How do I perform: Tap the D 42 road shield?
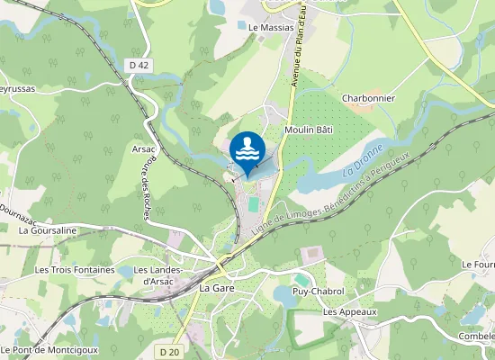click(138, 65)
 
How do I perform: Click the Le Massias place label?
click(271, 28)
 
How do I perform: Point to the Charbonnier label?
click(369, 99)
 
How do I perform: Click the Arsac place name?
click(144, 148)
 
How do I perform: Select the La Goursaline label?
click(48, 230)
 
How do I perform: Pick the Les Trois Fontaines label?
click(75, 269)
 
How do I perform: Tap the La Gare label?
click(217, 288)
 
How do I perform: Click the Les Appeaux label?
click(349, 312)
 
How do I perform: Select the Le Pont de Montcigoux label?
click(49, 349)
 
